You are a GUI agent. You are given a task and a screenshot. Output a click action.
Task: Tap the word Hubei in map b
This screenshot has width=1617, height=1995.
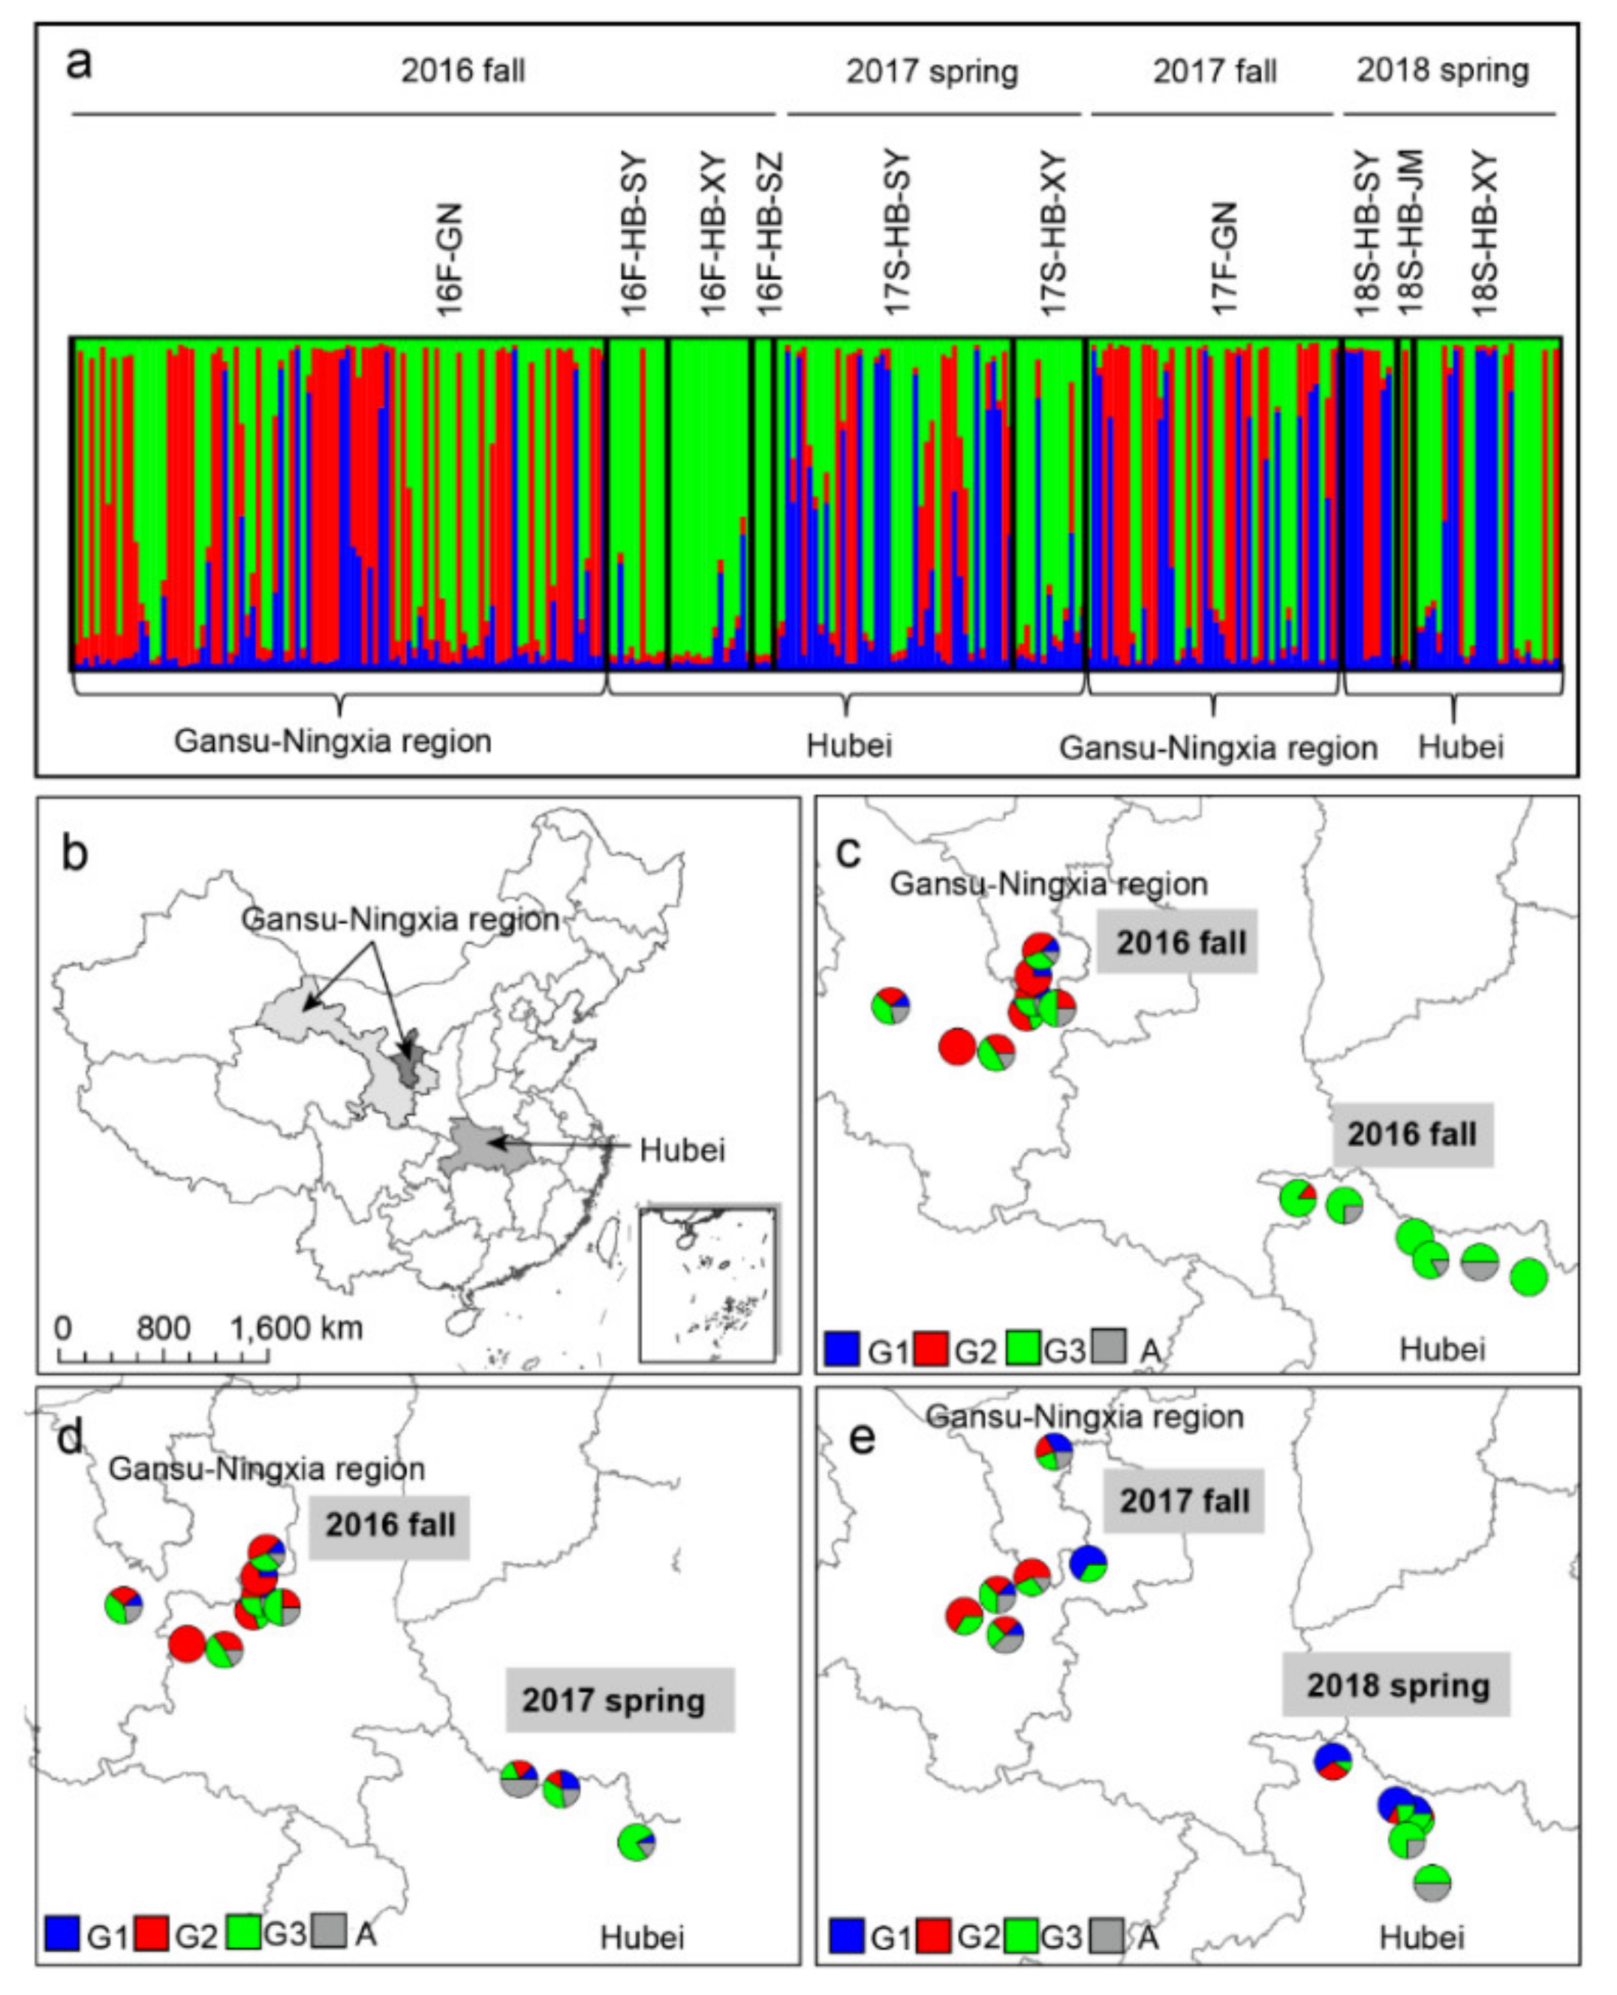point(682,1150)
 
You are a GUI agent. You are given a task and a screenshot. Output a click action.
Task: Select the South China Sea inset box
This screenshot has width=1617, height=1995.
point(708,1283)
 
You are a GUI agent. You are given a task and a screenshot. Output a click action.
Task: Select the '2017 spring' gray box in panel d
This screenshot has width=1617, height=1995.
point(613,1700)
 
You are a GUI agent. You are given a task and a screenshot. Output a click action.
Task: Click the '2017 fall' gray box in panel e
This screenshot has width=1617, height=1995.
point(1184,1502)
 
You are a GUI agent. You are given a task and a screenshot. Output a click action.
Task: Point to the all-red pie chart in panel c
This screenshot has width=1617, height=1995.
point(958,1046)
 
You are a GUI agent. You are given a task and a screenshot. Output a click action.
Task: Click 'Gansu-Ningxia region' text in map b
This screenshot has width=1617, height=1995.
point(401,919)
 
